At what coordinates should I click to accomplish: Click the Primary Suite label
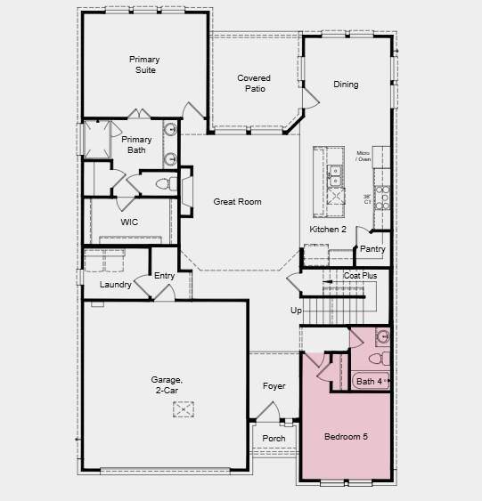(144, 65)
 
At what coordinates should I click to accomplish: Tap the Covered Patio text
(254, 84)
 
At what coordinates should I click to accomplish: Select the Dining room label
(346, 85)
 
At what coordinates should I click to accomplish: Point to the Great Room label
(237, 202)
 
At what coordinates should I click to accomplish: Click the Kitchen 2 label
(327, 230)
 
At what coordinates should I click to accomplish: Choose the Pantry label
(372, 249)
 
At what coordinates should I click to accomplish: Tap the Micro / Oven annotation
(363, 157)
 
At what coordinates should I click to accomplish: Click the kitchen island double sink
(335, 172)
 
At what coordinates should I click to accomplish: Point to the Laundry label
(116, 285)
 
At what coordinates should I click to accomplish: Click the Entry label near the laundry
(165, 276)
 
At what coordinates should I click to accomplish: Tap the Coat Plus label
(360, 276)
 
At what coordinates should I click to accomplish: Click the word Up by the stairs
(296, 311)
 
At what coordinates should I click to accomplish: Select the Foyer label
(274, 386)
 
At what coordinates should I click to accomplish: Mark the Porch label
(274, 438)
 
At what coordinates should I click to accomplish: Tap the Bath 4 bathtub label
(370, 382)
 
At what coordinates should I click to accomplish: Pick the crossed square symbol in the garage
(184, 408)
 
